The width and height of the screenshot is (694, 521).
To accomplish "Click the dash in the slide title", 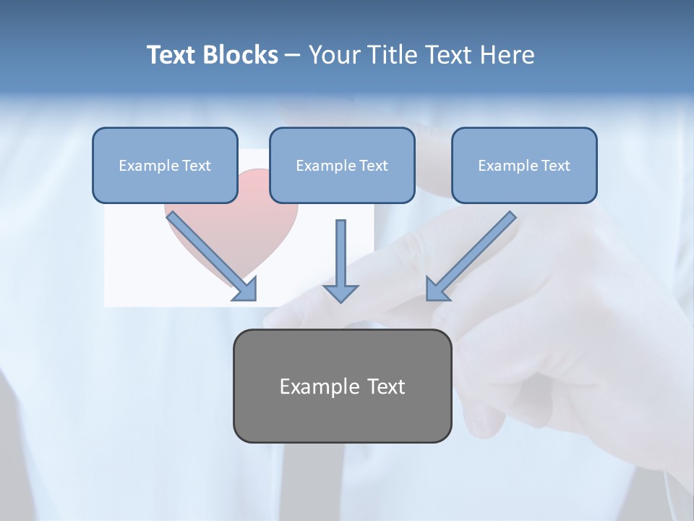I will (293, 56).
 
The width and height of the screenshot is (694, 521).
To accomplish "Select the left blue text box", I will (165, 165).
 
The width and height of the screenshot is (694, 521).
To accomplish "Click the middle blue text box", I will (342, 165).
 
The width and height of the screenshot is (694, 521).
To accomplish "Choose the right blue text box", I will (524, 165).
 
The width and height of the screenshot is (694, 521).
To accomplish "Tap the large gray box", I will (342, 386).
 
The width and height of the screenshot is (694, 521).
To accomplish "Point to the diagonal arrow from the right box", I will (471, 256).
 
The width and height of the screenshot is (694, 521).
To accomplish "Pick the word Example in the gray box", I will (311, 386).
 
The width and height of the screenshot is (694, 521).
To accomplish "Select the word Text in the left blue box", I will (196, 166).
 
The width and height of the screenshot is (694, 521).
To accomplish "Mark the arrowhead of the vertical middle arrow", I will (340, 292).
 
